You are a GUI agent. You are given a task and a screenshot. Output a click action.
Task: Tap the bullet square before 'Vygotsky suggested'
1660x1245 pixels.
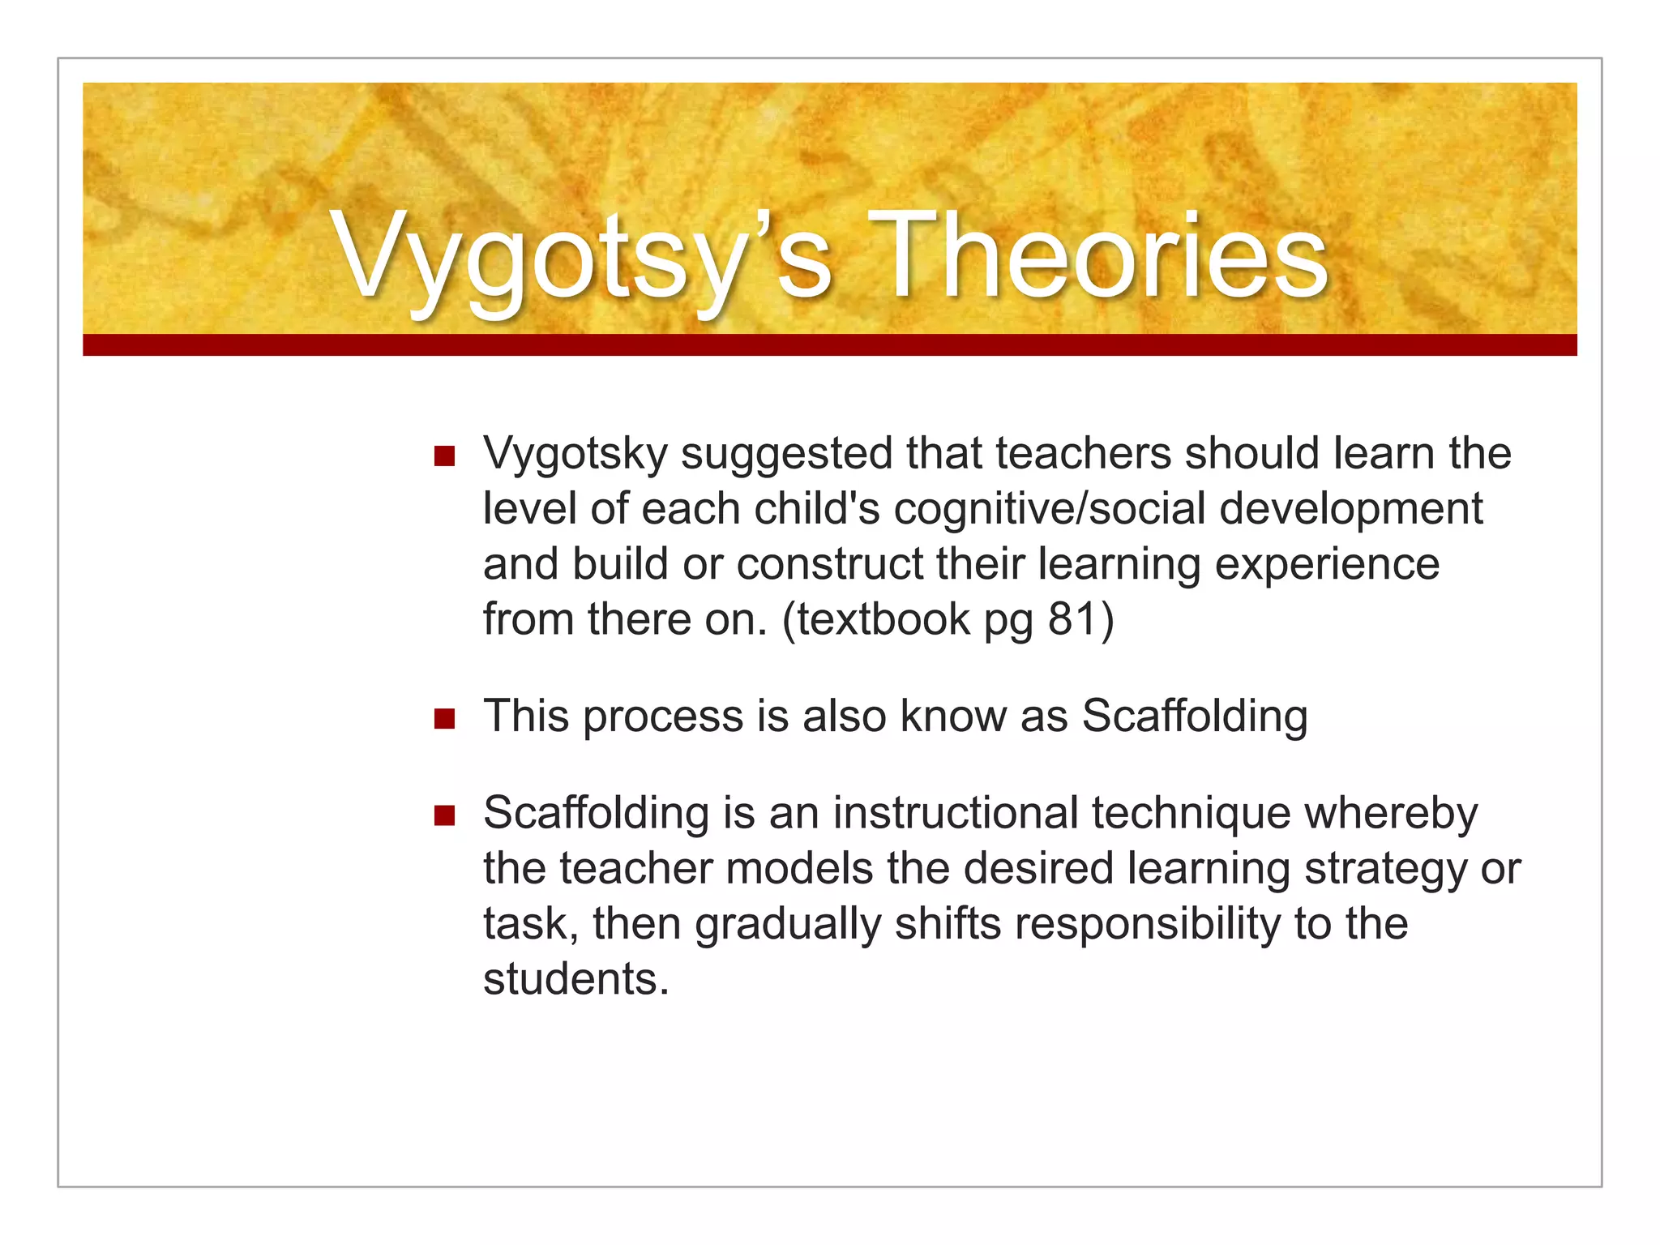(x=444, y=456)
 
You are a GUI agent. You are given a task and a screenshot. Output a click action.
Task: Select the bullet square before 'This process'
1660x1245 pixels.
(x=444, y=719)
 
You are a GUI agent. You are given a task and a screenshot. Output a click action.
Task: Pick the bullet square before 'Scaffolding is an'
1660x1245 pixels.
(x=444, y=815)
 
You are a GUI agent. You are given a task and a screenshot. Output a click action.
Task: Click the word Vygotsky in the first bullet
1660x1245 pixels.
(x=575, y=454)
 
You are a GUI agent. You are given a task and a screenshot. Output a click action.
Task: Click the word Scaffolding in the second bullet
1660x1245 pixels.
(x=1194, y=717)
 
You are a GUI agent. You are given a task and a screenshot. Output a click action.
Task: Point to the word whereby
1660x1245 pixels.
(x=1391, y=813)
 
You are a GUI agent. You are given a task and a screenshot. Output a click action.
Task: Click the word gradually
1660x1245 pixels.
(x=787, y=924)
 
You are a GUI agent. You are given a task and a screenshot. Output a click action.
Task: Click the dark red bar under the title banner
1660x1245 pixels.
(x=829, y=344)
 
